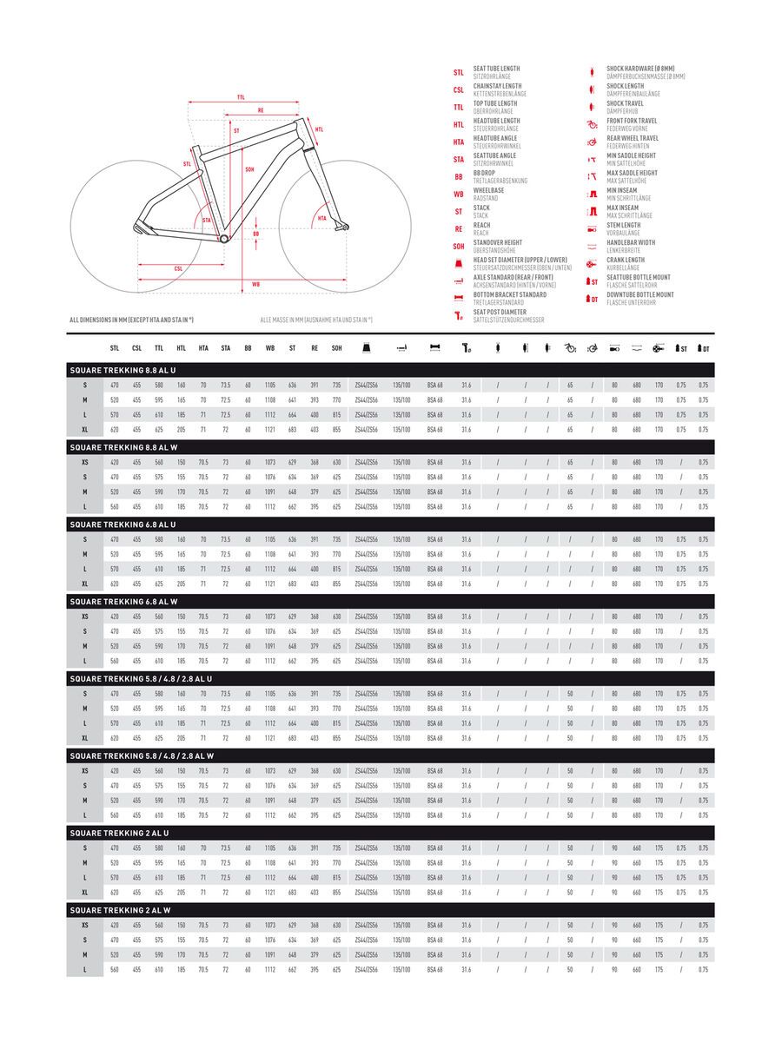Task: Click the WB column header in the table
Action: point(270,348)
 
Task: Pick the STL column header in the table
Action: point(114,348)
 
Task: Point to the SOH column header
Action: point(336,348)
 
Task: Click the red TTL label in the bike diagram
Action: point(241,98)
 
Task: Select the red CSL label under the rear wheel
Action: point(178,269)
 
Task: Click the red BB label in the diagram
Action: point(255,234)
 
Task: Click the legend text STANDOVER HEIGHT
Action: point(497,242)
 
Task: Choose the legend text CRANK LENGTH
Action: point(626,260)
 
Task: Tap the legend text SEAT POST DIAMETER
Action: point(500,312)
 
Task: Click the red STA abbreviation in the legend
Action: point(458,160)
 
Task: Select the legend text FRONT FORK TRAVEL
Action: point(632,121)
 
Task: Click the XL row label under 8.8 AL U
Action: point(85,429)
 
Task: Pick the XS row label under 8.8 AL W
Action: point(85,462)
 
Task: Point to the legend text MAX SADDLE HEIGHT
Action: point(632,173)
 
